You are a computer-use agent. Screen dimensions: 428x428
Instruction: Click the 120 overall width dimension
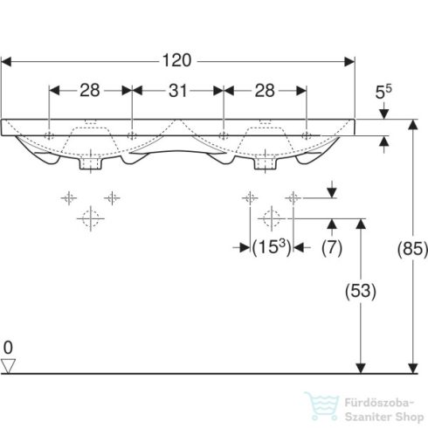coord(178,61)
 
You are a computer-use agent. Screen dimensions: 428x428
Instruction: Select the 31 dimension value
coord(177,90)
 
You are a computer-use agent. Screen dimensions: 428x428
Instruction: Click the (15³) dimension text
coord(271,247)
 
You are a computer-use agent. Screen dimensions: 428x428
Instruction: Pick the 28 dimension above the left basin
coord(90,90)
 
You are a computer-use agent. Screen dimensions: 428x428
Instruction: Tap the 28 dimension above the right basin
coord(265,90)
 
